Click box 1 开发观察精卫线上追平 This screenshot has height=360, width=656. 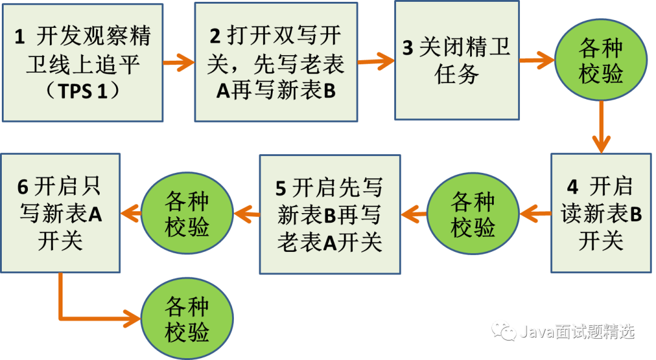[x=82, y=63]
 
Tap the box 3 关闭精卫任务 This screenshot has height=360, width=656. [x=457, y=59]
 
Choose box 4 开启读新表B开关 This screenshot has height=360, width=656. [x=601, y=213]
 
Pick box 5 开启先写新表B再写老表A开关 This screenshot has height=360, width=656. [x=330, y=214]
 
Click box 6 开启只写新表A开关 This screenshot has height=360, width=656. [x=60, y=213]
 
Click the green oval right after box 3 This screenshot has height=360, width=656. [x=601, y=61]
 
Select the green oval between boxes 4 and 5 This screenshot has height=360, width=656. [x=473, y=214]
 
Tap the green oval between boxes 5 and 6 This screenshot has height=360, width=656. [x=187, y=214]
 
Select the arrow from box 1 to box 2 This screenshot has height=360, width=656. [x=179, y=62]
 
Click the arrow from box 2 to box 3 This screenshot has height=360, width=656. [x=376, y=61]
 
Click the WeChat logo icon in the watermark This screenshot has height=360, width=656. [x=504, y=331]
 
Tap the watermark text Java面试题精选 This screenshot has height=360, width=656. [x=577, y=331]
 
